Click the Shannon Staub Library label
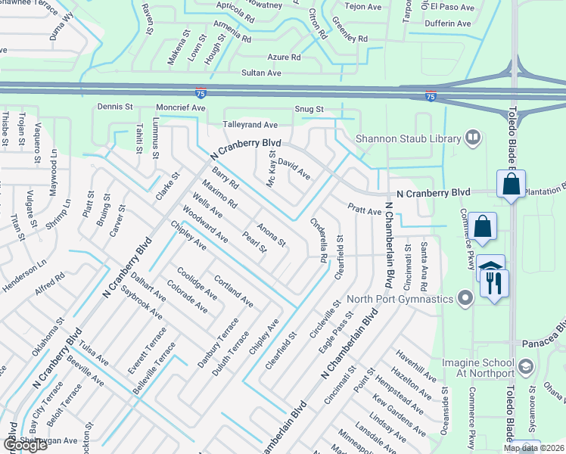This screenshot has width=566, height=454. [409, 138]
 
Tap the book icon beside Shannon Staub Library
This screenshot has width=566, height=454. [473, 138]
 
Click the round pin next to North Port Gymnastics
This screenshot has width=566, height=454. [465, 299]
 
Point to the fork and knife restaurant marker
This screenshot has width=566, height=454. [495, 283]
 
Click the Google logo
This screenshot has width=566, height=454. [25, 445]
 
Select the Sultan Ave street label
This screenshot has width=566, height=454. [261, 73]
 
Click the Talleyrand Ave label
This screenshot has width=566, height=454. [250, 124]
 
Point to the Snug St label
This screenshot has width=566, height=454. [309, 110]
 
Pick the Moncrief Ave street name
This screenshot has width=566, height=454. [182, 108]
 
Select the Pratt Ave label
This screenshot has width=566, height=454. [364, 208]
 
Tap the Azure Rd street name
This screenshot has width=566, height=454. [284, 58]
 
